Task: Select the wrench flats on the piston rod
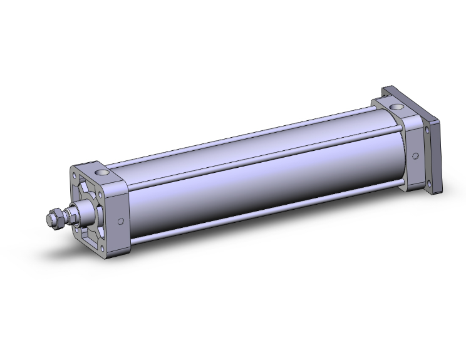71,217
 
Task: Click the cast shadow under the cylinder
188,263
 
